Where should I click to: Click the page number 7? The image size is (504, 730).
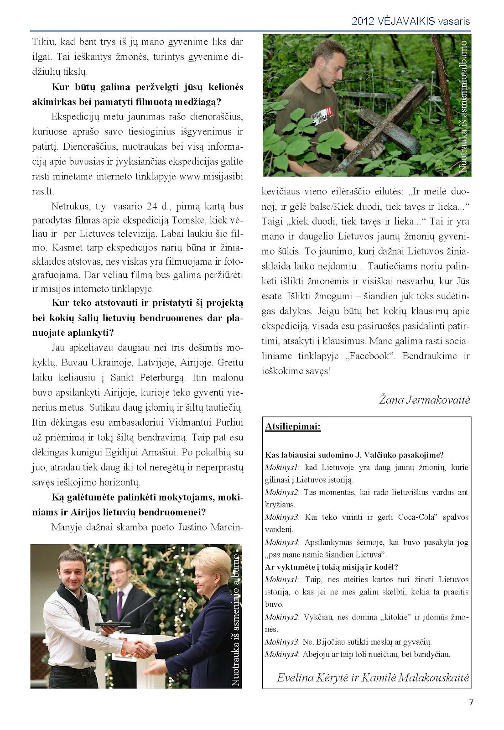pyautogui.click(x=471, y=702)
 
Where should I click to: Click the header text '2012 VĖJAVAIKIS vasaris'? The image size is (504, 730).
pyautogui.click(x=410, y=21)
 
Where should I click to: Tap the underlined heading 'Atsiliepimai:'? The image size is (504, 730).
pyautogui.click(x=293, y=427)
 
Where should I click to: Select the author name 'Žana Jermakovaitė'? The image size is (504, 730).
pyautogui.click(x=424, y=400)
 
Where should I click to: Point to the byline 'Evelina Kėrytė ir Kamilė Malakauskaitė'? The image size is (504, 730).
pyautogui.click(x=373, y=678)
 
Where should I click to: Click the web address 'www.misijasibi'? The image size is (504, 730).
pyautogui.click(x=211, y=177)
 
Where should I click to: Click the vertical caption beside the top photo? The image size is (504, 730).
pyautogui.click(x=463, y=106)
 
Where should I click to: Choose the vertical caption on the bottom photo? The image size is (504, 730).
pyautogui.click(x=236, y=620)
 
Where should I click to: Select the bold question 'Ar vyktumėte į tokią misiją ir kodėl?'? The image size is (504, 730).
pyautogui.click(x=332, y=567)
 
